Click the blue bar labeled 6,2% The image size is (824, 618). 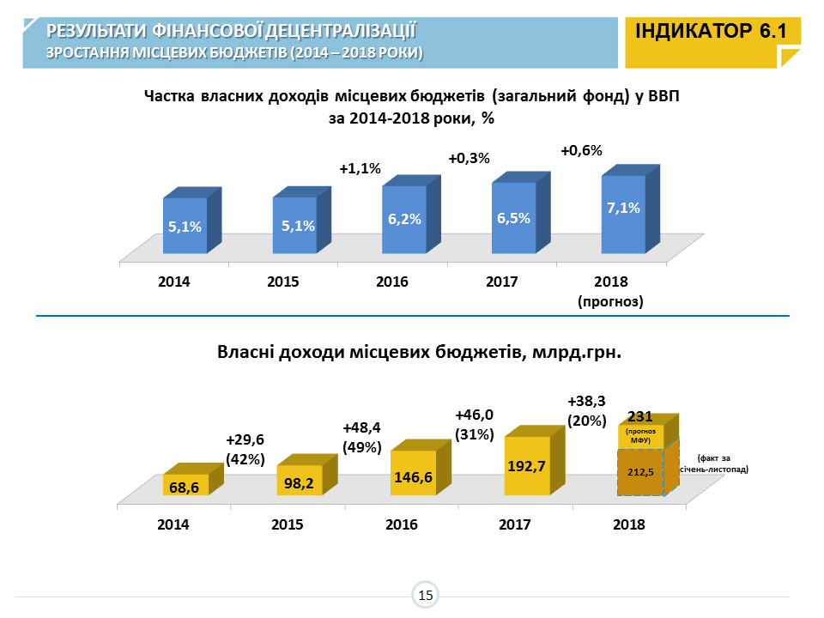coord(404,219)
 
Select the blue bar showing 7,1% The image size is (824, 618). coord(623,215)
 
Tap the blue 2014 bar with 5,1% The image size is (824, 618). coord(185,226)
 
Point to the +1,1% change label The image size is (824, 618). coord(360,169)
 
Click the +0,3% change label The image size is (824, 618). coord(469,158)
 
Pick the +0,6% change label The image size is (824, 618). coord(581,150)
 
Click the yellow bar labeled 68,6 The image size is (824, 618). coord(185,486)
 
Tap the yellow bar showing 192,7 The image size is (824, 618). coord(527,466)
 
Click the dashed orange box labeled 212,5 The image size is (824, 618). coord(640,471)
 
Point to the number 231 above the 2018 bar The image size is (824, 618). coord(641,416)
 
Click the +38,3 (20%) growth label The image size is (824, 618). coord(587,410)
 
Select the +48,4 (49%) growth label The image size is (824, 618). coord(361,437)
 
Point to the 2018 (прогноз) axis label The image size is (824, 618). coord(611,292)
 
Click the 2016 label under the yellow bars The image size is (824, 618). coord(402,524)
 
